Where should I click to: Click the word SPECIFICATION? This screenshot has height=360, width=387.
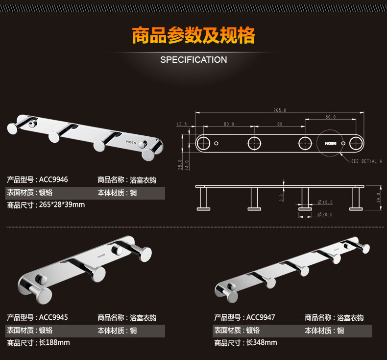point(193,60)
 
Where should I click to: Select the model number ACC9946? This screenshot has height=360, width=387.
point(53,180)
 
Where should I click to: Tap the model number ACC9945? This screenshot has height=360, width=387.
point(53,317)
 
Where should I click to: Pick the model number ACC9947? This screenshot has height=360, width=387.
point(261,317)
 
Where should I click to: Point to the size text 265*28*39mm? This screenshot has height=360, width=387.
point(62,205)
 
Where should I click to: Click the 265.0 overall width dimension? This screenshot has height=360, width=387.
point(280,110)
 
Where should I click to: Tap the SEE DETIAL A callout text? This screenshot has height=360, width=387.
point(366,161)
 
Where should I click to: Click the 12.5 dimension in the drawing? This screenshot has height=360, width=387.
point(182,124)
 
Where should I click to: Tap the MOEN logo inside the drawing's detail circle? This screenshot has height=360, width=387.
point(330,143)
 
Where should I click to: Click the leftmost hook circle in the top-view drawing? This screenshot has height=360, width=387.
point(203,143)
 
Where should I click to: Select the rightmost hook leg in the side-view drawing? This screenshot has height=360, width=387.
point(356,199)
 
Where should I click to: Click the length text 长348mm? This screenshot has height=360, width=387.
point(262,343)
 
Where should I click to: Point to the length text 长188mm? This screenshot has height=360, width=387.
point(54,342)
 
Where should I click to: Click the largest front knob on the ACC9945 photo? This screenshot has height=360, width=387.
point(42,296)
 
